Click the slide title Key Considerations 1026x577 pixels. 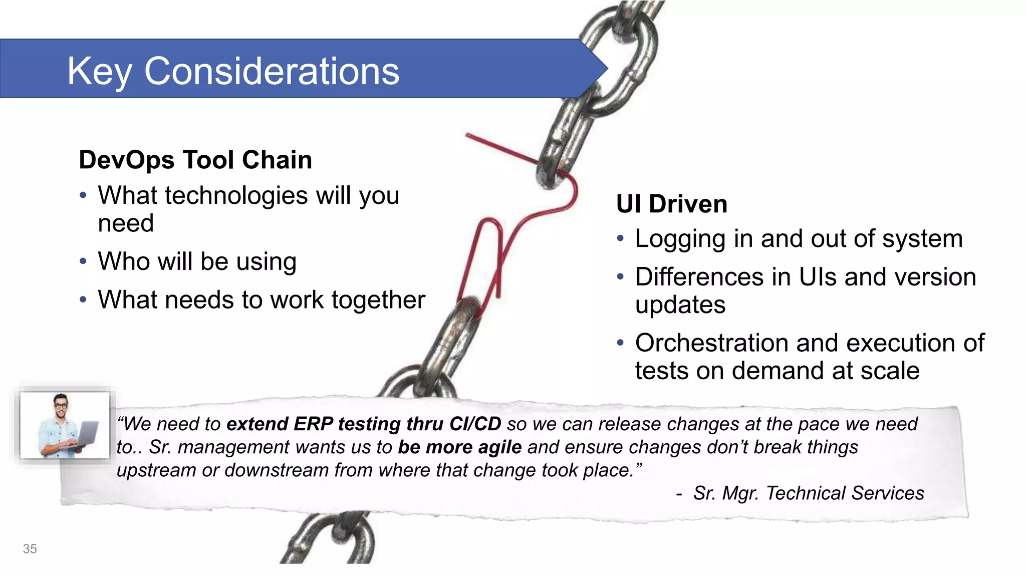click(233, 71)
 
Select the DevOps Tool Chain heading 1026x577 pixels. click(195, 160)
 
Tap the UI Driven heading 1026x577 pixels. click(671, 204)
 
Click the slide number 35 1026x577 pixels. click(30, 549)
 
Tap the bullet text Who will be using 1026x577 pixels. click(197, 261)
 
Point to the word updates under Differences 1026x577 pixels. click(680, 305)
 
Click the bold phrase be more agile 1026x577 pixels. click(459, 447)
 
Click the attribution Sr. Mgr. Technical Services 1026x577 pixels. click(808, 493)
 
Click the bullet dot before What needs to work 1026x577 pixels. click(83, 300)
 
